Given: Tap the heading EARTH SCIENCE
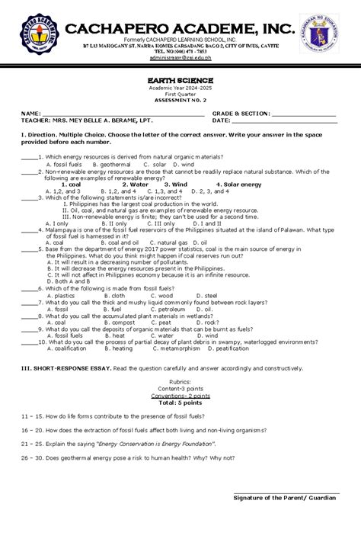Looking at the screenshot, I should [180, 79].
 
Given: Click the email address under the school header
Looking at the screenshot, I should [180, 56].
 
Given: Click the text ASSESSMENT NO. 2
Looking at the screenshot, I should [180, 100].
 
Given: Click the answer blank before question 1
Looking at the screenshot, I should [30, 157].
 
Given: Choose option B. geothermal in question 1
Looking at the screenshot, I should [114, 164].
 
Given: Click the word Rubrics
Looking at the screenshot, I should [180, 381].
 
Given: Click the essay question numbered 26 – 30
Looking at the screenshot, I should [129, 457].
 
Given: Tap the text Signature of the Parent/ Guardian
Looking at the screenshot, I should [284, 497].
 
